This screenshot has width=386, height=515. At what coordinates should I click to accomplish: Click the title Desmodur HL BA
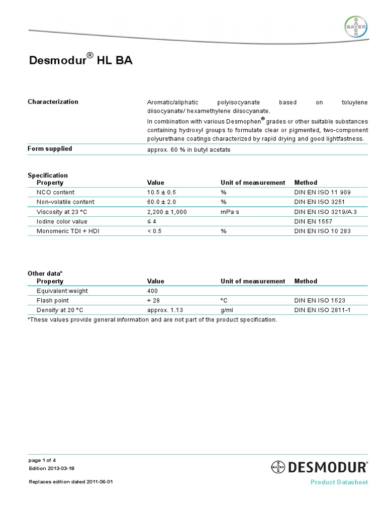tap(80, 61)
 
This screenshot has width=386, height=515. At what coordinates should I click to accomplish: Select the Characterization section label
tap(53, 102)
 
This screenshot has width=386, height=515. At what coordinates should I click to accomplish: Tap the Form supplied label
tap(50, 148)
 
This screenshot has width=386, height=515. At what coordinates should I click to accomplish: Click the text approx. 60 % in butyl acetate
tap(188, 150)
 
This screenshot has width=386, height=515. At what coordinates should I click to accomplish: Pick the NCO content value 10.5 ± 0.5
tap(162, 192)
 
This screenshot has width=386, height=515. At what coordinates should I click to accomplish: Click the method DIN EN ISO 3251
tap(319, 202)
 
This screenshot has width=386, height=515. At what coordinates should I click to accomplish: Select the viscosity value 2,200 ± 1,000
tap(167, 212)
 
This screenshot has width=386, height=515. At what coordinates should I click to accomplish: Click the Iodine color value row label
tap(62, 221)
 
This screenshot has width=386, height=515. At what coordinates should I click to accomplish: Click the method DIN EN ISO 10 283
tap(323, 231)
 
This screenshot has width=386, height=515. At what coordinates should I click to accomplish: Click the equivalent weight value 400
tap(152, 291)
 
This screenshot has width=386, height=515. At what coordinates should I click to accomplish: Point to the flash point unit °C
tap(224, 300)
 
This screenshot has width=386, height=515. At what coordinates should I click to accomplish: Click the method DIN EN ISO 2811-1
tap(322, 310)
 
